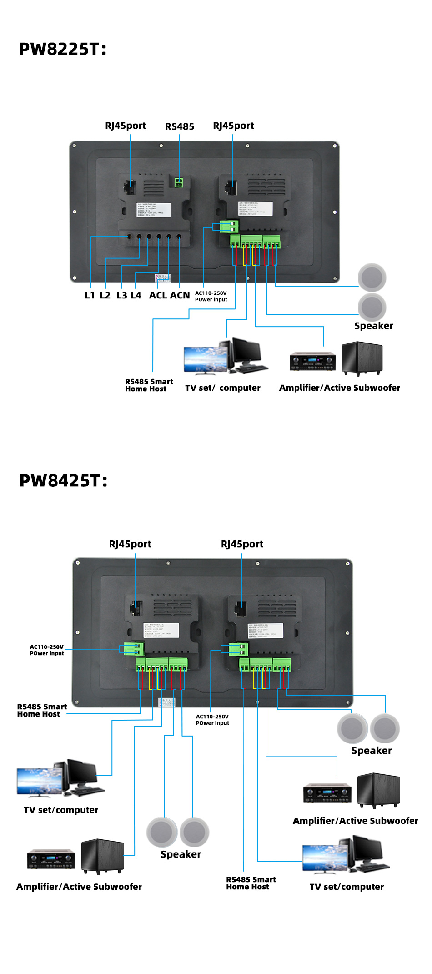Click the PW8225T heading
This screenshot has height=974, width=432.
[x=63, y=49]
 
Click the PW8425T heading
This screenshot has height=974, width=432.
[x=63, y=481]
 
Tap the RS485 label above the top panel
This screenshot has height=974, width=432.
[x=179, y=126]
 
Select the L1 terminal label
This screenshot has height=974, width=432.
[x=90, y=295]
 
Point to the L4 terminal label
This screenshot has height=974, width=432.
[x=136, y=295]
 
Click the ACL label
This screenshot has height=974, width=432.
[x=158, y=295]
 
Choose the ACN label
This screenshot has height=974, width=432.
[x=180, y=295]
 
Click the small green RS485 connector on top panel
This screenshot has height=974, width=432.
[x=179, y=182]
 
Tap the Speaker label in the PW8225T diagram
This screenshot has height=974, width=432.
[x=373, y=326]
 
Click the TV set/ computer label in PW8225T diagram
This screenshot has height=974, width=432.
[x=222, y=388]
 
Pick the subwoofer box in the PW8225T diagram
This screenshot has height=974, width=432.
[x=362, y=358]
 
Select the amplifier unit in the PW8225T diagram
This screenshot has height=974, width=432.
[x=312, y=361]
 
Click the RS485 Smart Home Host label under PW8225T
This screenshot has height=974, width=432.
[x=149, y=385]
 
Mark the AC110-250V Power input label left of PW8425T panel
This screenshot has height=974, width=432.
[x=47, y=650]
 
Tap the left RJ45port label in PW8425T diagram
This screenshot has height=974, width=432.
[x=130, y=544]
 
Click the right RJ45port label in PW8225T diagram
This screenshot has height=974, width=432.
[x=233, y=126]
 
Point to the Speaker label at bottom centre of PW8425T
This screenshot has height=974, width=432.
[x=181, y=854]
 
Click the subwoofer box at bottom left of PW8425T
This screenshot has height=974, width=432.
[x=102, y=856]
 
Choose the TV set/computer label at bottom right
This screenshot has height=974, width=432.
[x=347, y=887]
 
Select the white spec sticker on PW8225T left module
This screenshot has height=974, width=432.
[x=154, y=210]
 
